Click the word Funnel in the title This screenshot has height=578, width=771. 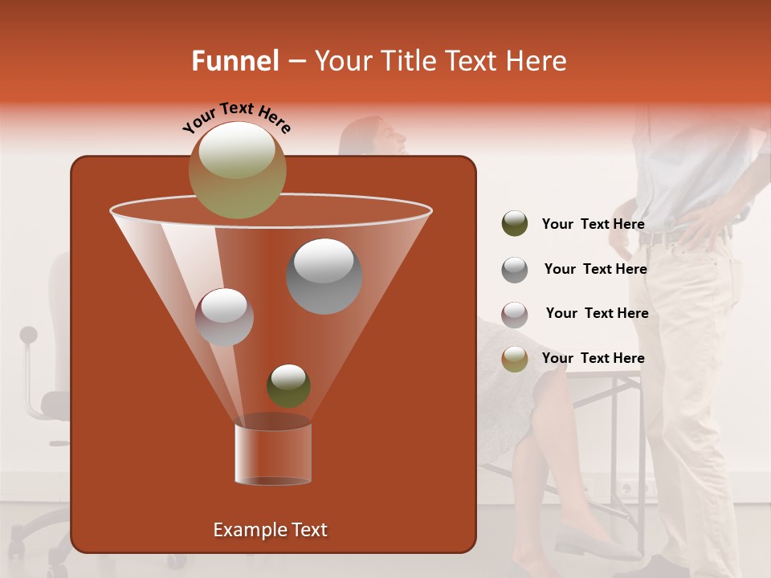coord(235,61)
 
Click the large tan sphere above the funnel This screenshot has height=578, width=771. coord(237,169)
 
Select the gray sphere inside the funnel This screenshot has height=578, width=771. coord(324,275)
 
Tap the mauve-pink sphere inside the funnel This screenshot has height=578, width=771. coord(224,316)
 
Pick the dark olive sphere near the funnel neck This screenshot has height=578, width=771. coord(288,385)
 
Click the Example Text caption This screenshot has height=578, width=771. coord(270,530)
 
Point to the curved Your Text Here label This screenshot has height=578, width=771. coord(237,116)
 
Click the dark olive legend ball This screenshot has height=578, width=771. coord(515,224)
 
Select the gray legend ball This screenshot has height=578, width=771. coord(515,269)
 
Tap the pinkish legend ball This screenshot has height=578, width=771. coord(515,314)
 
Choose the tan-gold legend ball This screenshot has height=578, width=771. coord(515,359)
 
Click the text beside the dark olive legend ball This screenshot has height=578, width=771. coord(593,224)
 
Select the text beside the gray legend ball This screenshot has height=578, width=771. coord(595,269)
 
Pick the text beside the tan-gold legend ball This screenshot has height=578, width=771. coord(593,358)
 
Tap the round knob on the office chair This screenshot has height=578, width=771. coord(29,334)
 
